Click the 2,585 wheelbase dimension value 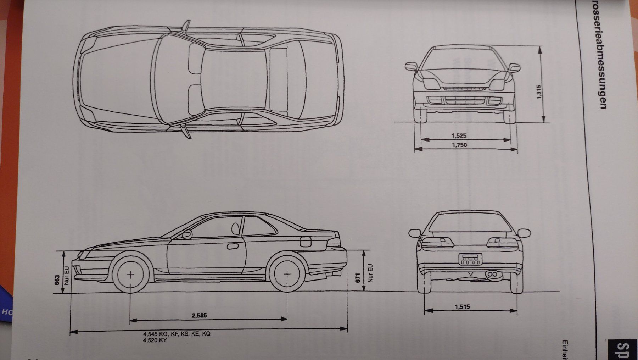199,315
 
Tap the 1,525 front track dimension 459,135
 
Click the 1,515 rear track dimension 463,306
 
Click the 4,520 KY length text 155,340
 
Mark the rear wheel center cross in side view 287,274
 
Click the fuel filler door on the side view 305,242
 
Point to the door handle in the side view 233,246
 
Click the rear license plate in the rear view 470,259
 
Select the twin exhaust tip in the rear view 492,274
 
